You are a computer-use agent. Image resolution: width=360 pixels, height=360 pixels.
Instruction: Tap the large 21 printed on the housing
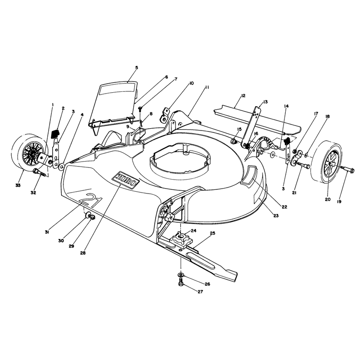pos(91,200)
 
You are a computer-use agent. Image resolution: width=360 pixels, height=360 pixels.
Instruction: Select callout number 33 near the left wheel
pos(18,185)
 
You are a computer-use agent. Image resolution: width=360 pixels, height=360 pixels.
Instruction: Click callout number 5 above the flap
pos(137,67)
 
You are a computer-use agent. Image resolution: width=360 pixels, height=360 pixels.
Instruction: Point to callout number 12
pos(243,95)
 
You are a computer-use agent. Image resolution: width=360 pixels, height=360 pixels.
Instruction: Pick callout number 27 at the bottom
pos(200,292)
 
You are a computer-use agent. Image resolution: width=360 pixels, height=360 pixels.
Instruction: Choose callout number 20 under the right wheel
pos(328,199)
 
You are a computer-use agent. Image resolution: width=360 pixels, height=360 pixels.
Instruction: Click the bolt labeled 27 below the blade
pos(181,282)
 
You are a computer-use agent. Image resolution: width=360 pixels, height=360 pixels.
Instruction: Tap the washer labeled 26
pos(181,274)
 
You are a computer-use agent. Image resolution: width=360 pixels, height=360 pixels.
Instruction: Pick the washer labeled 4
pos(62,166)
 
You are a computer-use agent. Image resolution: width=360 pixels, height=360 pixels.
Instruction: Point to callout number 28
pos(83,253)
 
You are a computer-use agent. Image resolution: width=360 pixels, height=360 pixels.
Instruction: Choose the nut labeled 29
pos(92,217)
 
